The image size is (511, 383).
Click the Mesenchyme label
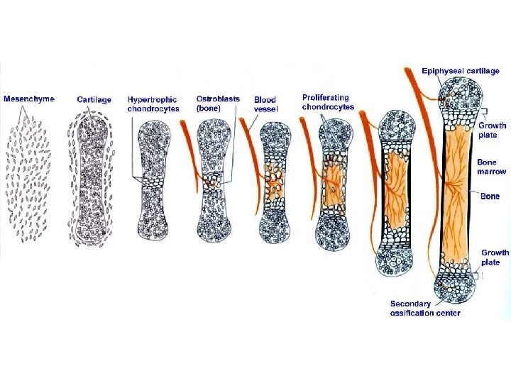pyautogui.click(x=29, y=99)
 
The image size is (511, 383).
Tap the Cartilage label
pyautogui.click(x=94, y=99)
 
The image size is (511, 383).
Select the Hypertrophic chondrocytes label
pyautogui.click(x=153, y=104)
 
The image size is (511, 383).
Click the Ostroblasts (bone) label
pyautogui.click(x=218, y=104)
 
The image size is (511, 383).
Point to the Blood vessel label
pyautogui.click(x=265, y=104)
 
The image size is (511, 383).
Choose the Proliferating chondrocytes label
pyautogui.click(x=327, y=102)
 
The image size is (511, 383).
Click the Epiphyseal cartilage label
pyautogui.click(x=461, y=71)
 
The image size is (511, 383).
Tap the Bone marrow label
pyautogui.click(x=492, y=167)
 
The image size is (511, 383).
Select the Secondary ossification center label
pyautogui.click(x=425, y=309)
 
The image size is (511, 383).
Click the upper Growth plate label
pyautogui.click(x=492, y=130)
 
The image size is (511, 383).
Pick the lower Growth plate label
pyautogui.click(x=495, y=257)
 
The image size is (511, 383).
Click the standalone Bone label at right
pyautogui.click(x=490, y=196)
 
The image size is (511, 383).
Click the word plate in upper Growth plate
pyautogui.click(x=489, y=135)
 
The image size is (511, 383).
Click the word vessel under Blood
pyautogui.click(x=265, y=109)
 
